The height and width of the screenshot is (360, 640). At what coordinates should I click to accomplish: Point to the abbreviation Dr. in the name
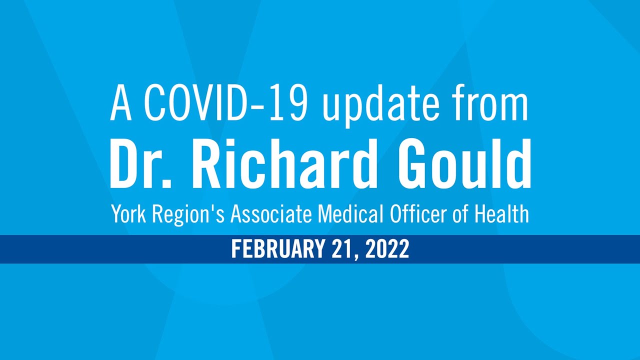[140, 163]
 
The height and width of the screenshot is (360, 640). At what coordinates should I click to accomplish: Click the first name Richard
[283, 163]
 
